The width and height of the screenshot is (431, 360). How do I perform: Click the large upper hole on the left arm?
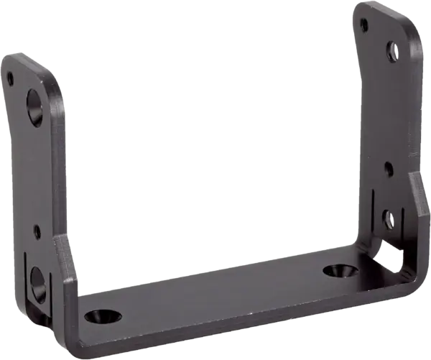pyautogui.click(x=35, y=105)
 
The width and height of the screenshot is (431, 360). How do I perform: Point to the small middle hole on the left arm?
pyautogui.click(x=37, y=231)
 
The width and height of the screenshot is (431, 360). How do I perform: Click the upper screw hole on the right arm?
pyautogui.click(x=391, y=51)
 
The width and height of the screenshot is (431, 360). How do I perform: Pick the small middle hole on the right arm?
pyautogui.click(x=389, y=170)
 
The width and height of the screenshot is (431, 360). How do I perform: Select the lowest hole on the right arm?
pyautogui.click(x=386, y=215)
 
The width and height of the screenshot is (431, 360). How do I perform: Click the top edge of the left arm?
pyautogui.click(x=29, y=57)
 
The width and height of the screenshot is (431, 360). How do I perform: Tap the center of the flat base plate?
pyautogui.click(x=215, y=291)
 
